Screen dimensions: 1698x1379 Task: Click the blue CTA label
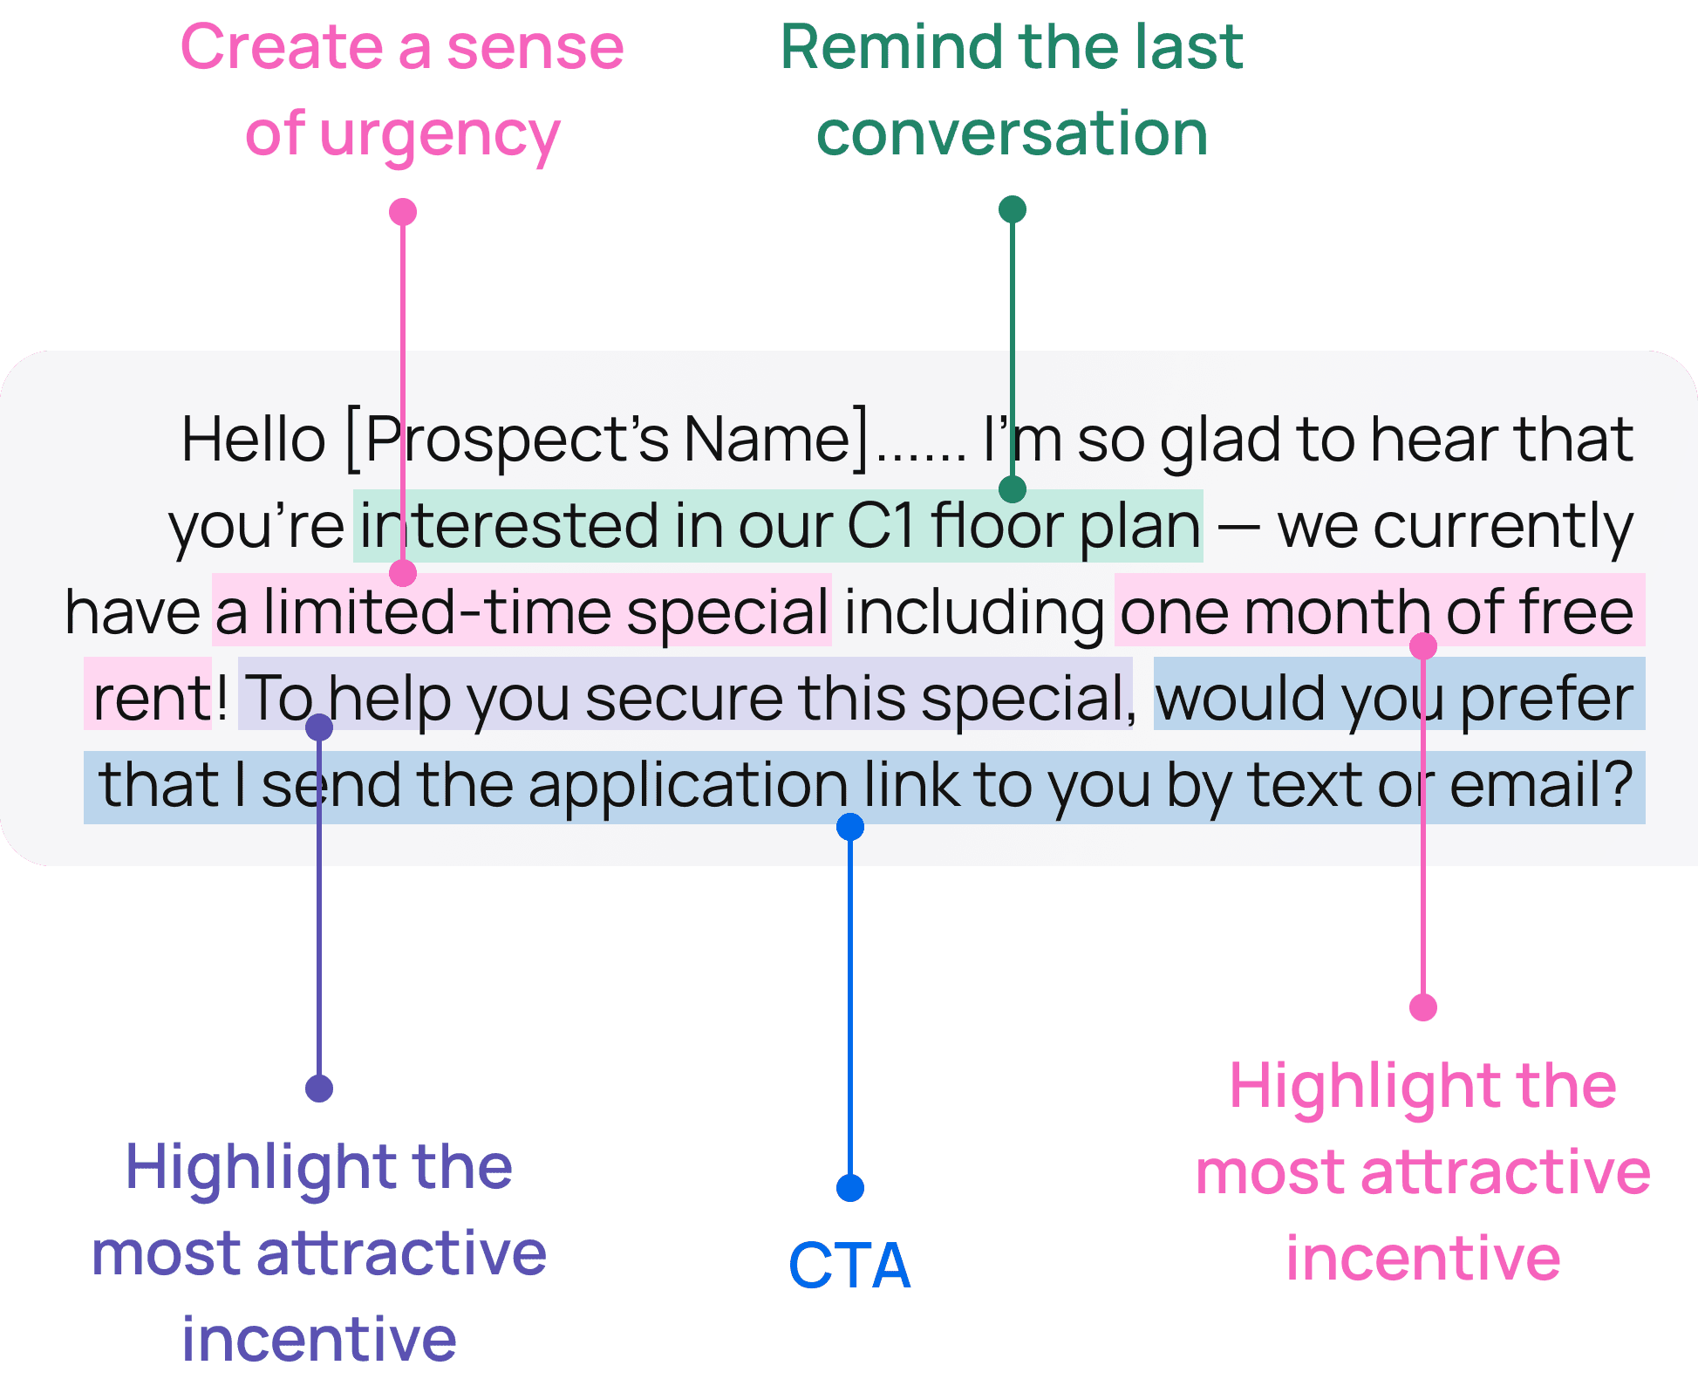point(849,1266)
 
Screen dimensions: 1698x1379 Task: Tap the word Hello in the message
point(253,439)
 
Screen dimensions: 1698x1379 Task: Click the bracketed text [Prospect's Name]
point(608,440)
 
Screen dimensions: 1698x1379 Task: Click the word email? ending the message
point(1541,785)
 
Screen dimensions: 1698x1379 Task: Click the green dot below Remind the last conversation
point(1012,209)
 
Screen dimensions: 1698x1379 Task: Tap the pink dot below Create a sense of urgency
point(402,212)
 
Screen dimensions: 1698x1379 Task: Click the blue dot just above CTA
point(850,1188)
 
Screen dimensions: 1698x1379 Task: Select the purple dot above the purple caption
point(319,1089)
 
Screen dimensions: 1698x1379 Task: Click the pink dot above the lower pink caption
point(1423,1007)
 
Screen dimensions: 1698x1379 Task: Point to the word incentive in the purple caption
point(319,1339)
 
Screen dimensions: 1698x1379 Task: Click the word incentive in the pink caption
point(1423,1259)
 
